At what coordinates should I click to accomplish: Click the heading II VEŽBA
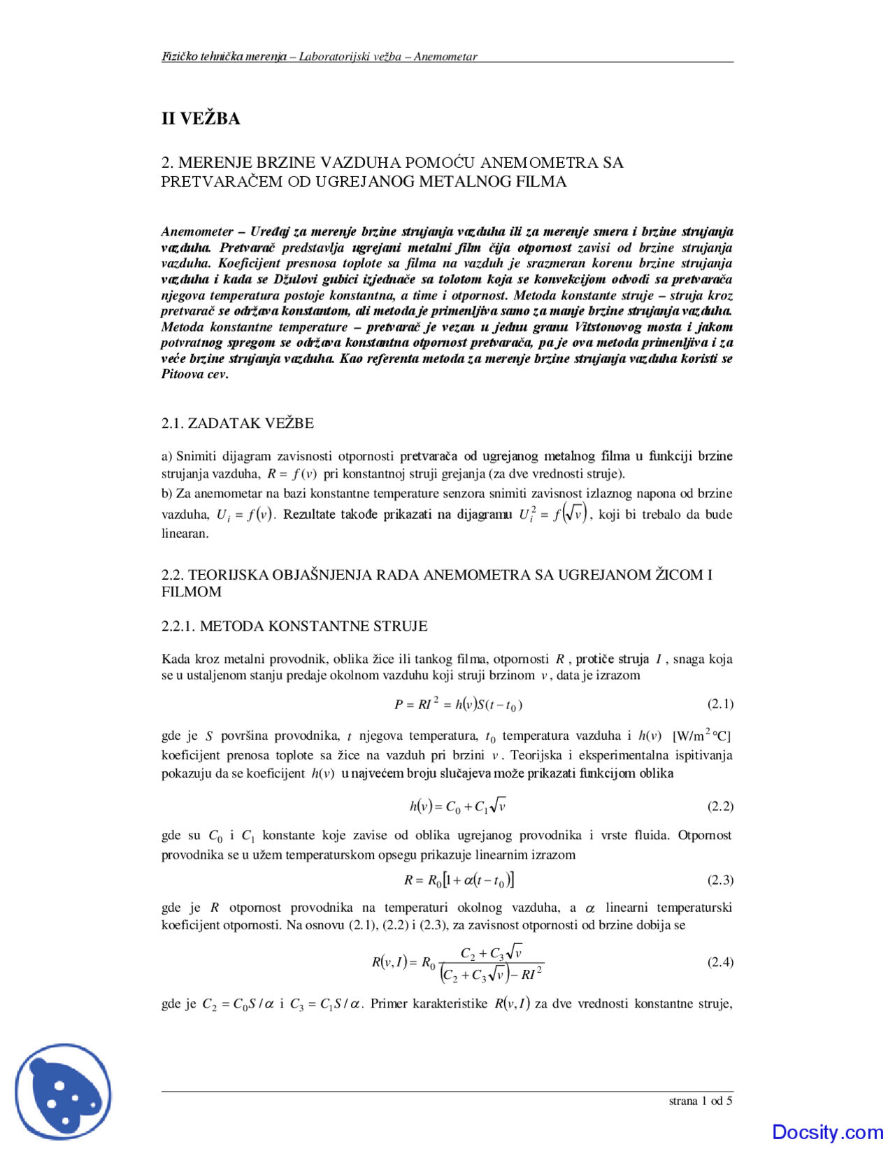click(x=201, y=118)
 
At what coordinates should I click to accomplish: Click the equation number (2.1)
click(x=719, y=703)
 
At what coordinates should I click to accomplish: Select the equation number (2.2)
click(x=719, y=806)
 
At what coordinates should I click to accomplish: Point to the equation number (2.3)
click(x=719, y=880)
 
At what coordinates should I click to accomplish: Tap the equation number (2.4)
click(x=719, y=962)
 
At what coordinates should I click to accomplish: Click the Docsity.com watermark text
click(x=827, y=1131)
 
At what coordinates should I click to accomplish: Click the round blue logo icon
click(x=64, y=1092)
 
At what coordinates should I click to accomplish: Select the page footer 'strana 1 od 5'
click(x=701, y=1101)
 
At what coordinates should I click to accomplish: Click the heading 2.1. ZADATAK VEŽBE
click(x=237, y=423)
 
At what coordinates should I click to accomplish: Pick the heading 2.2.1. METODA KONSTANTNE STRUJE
click(x=294, y=626)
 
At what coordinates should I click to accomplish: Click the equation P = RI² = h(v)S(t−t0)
click(x=458, y=704)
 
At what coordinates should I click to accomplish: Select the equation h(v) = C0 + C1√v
click(x=458, y=806)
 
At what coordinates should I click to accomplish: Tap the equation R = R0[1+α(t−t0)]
click(x=459, y=880)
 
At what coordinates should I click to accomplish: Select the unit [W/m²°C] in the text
click(x=701, y=736)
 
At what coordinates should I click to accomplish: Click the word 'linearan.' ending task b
click(x=185, y=534)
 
